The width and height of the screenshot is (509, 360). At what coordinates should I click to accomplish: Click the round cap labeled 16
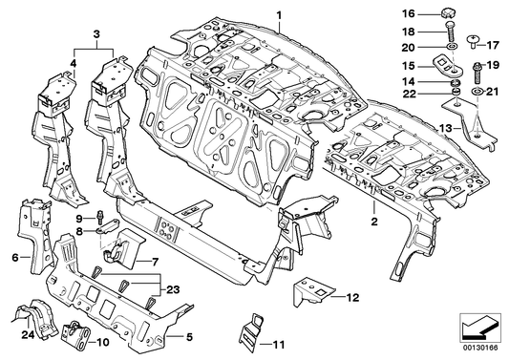pyautogui.click(x=448, y=13)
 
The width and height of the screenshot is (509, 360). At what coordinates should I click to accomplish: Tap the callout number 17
pyautogui.click(x=493, y=45)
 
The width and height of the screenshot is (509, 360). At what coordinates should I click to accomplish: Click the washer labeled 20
pyautogui.click(x=452, y=47)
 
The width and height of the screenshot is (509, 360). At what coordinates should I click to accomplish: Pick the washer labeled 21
pyautogui.click(x=476, y=92)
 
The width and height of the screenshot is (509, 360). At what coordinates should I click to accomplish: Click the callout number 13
pyautogui.click(x=446, y=128)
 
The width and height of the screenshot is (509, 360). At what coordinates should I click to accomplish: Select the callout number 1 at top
pyautogui.click(x=279, y=15)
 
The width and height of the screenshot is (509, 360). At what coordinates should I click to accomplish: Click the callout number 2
pyautogui.click(x=374, y=222)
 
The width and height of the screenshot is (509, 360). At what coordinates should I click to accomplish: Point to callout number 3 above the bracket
pyautogui.click(x=96, y=34)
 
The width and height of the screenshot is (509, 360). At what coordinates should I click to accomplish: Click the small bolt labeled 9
pyautogui.click(x=99, y=217)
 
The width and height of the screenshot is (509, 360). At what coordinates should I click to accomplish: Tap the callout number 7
pyautogui.click(x=155, y=261)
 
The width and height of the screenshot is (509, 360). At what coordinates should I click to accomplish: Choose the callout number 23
pyautogui.click(x=173, y=289)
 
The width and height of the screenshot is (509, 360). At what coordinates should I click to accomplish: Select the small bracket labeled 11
pyautogui.click(x=250, y=331)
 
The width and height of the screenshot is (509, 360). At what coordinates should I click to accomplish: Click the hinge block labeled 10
pyautogui.click(x=76, y=336)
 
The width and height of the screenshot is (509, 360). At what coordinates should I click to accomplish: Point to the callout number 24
pyautogui.click(x=28, y=334)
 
